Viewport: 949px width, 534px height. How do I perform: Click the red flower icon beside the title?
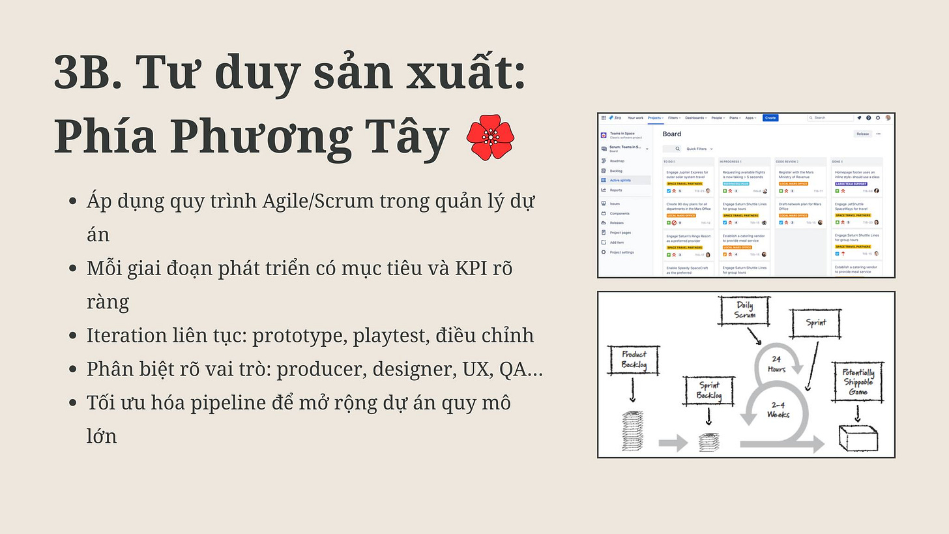tap(491, 138)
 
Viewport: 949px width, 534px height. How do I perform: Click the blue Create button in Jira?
tap(770, 118)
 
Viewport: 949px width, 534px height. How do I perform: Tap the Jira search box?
tap(830, 118)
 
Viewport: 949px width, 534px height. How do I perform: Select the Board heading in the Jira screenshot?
tap(671, 134)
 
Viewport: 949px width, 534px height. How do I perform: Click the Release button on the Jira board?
tap(862, 134)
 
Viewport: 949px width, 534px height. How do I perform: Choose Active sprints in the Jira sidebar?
tap(620, 180)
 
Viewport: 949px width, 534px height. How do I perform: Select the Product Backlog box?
tap(634, 360)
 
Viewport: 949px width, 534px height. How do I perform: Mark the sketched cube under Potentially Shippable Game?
tap(856, 438)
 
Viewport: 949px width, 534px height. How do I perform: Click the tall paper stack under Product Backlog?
tap(633, 430)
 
